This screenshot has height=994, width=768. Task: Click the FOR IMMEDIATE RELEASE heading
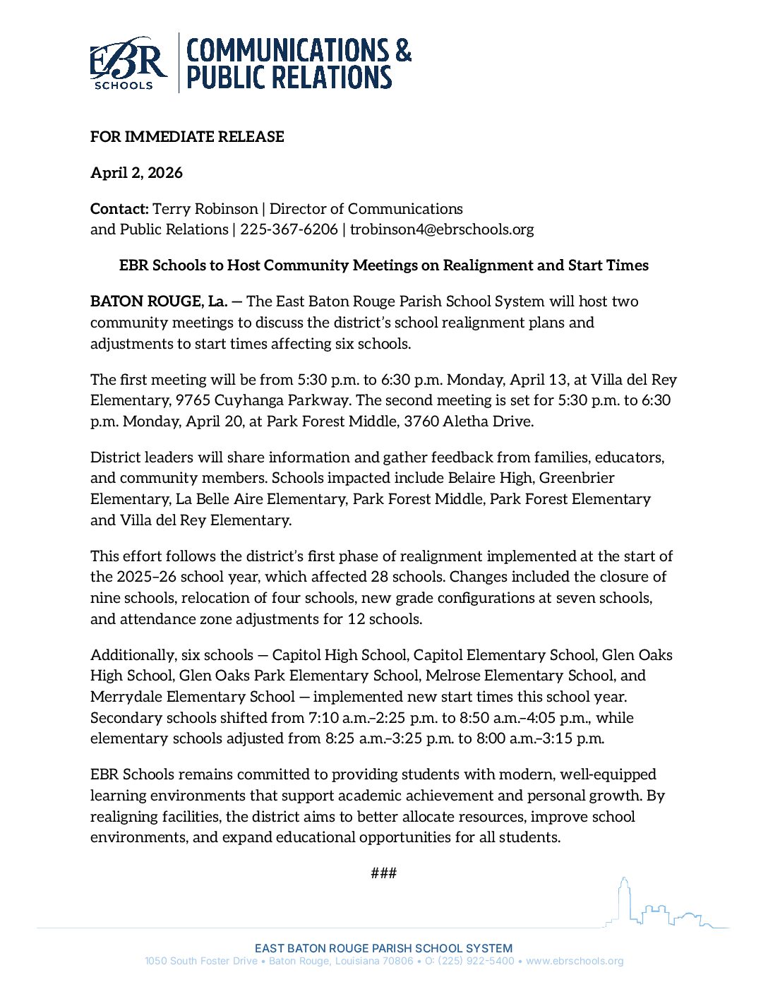click(x=187, y=137)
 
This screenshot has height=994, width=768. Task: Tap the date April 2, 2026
click(x=136, y=173)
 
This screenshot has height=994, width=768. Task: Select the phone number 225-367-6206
click(x=289, y=229)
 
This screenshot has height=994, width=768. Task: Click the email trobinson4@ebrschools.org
click(x=442, y=229)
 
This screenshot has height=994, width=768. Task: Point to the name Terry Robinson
click(x=205, y=209)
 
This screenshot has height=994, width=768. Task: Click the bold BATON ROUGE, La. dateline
click(x=159, y=301)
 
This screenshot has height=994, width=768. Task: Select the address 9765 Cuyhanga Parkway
click(x=263, y=400)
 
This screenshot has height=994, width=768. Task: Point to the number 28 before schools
click(x=380, y=577)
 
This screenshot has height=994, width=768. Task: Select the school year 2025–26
click(x=146, y=577)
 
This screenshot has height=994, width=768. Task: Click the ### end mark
click(x=383, y=873)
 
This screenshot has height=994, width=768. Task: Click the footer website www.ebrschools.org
click(x=575, y=962)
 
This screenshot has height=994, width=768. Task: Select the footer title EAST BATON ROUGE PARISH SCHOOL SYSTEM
click(x=383, y=948)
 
